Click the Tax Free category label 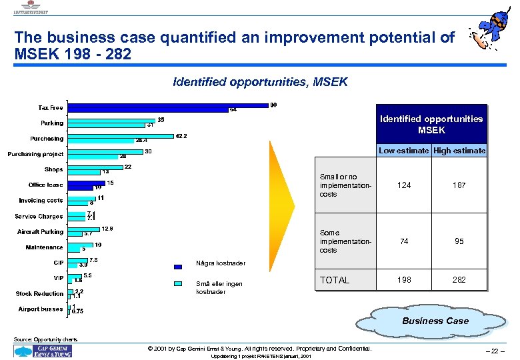pos(51,107)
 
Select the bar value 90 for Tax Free pos(273,105)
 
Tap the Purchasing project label pos(35,154)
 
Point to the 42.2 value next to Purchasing pos(181,136)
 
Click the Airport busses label pos(41,309)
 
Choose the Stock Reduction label pos(39,293)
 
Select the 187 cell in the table pos(459,185)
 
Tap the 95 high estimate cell pos(459,241)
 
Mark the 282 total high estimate pos(459,280)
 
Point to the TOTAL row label pos(335,280)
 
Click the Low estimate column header pos(404,151)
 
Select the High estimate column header pos(460,151)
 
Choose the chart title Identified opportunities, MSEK pos(260,83)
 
